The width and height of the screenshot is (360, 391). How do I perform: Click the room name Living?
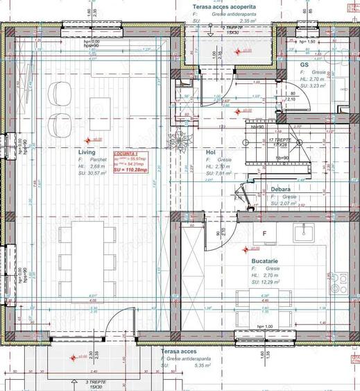click(87, 151)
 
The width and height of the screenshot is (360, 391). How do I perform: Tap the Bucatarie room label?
click(266, 260)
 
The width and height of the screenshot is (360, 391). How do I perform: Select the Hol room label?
click(211, 151)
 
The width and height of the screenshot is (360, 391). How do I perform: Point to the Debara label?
click(281, 189)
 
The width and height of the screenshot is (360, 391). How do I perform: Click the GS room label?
click(304, 64)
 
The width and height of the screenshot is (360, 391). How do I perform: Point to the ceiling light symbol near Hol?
click(182, 137)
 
